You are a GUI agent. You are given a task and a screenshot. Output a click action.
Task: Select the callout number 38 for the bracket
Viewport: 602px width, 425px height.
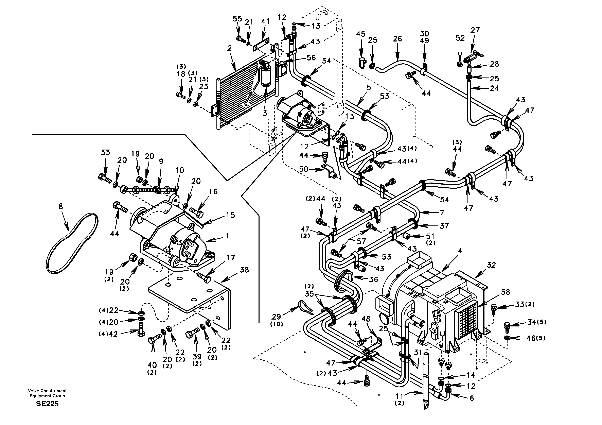pyautogui.click(x=244, y=270)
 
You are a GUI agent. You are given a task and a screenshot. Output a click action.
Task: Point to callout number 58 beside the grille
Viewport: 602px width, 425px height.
pyautogui.click(x=505, y=292)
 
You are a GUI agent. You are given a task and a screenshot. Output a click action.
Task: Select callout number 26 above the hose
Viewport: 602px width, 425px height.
pyautogui.click(x=397, y=39)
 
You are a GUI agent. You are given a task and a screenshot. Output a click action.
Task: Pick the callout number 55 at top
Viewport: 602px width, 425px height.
pyautogui.click(x=237, y=19)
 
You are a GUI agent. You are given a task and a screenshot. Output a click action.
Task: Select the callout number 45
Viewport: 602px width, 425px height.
pyautogui.click(x=361, y=34)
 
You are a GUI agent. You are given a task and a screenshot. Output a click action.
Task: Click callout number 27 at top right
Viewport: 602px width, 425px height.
pyautogui.click(x=475, y=30)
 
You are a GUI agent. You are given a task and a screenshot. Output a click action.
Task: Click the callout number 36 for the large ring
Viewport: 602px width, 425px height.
pyautogui.click(x=373, y=279)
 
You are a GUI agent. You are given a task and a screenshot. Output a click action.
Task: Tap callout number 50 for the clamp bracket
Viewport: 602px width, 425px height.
pyautogui.click(x=304, y=169)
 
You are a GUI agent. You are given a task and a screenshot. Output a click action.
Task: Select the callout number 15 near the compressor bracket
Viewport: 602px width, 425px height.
pyautogui.click(x=230, y=215)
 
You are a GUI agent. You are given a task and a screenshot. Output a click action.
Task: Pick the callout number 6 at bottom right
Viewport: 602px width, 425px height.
pyautogui.click(x=472, y=398)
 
